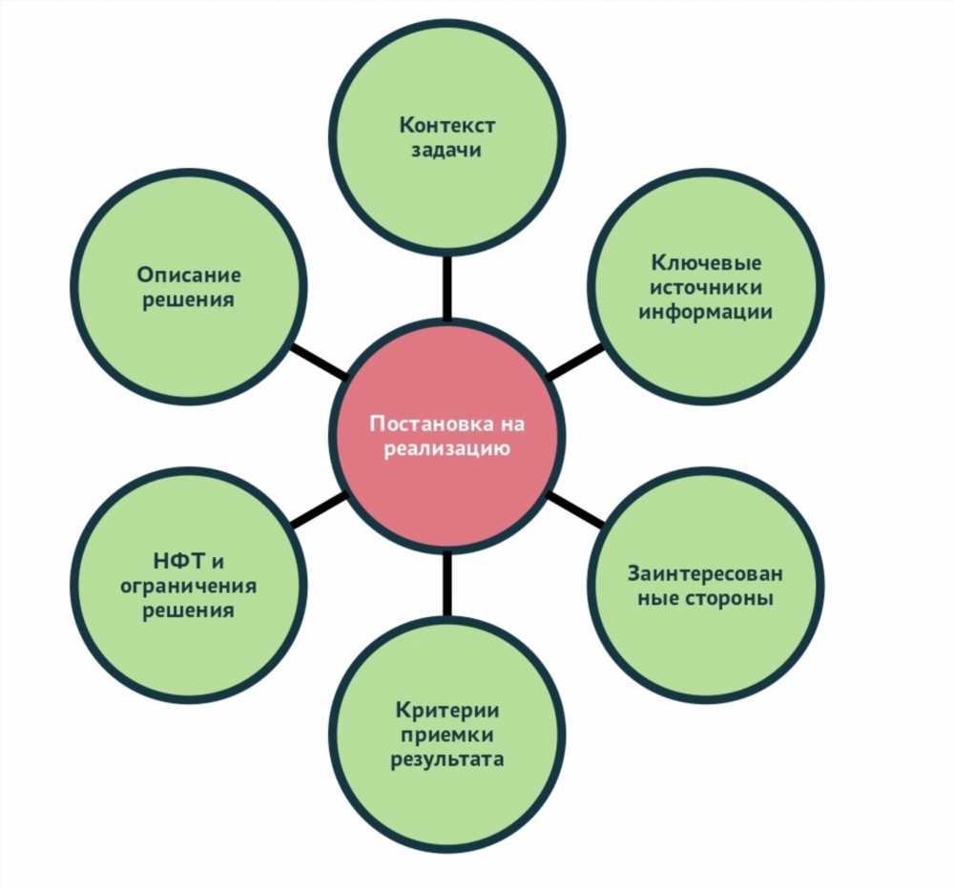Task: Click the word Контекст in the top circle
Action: click(447, 125)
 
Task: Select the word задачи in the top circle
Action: click(446, 151)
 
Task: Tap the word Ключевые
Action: click(706, 262)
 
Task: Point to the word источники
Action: click(706, 287)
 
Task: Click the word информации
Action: click(706, 312)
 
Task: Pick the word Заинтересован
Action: click(705, 573)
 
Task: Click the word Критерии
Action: click(447, 710)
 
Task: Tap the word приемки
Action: click(447, 735)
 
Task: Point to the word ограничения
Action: click(189, 586)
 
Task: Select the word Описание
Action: click(189, 275)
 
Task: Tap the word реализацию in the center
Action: click(447, 449)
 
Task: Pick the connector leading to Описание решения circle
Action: click(317, 362)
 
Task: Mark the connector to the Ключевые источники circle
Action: click(577, 362)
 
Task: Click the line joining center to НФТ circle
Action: click(318, 508)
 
